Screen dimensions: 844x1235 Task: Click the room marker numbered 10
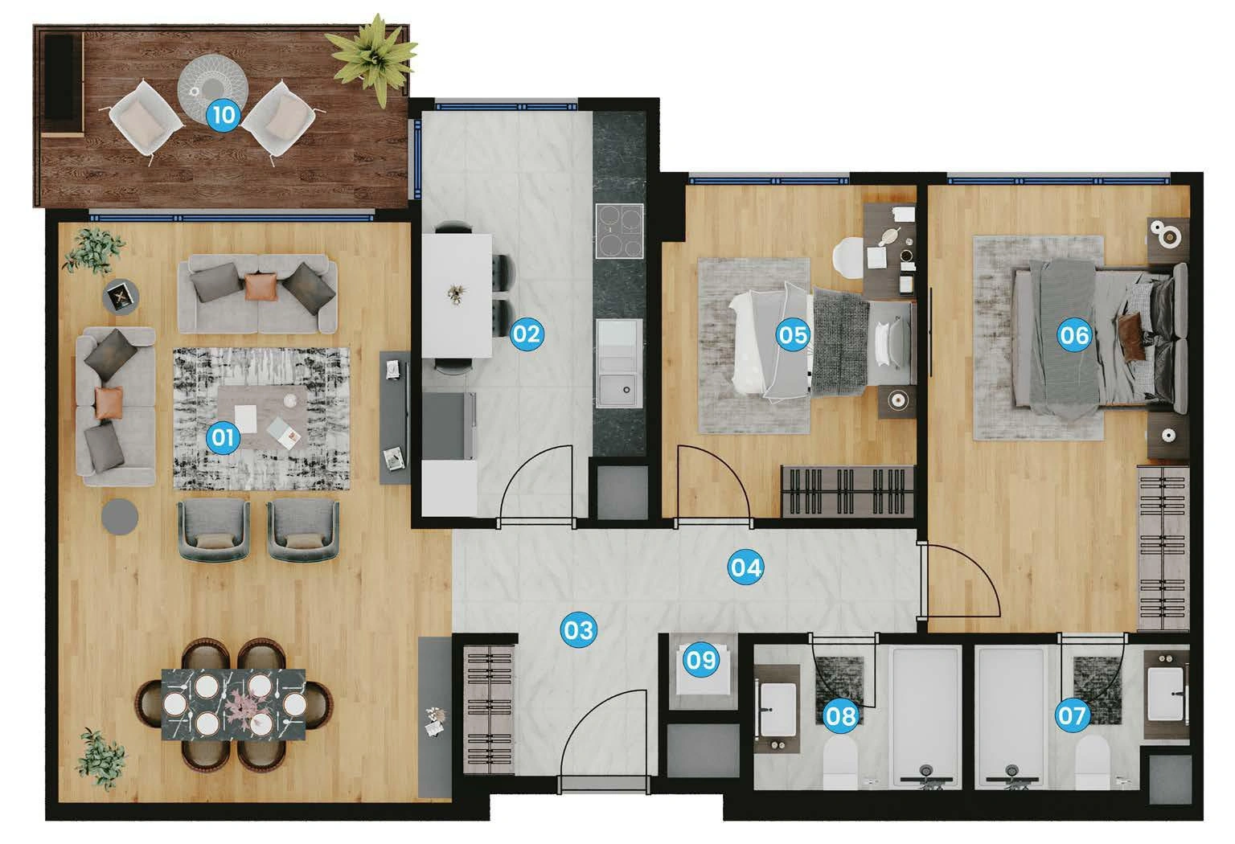click(224, 115)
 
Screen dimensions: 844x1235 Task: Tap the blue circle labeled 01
click(223, 437)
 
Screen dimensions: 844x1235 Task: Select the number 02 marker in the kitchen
click(526, 333)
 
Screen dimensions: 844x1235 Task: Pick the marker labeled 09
click(701, 660)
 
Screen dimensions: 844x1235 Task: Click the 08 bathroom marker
click(841, 715)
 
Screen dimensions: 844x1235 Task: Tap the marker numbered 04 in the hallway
click(745, 567)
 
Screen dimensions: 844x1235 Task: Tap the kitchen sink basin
click(619, 390)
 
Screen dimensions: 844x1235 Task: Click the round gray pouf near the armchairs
click(121, 516)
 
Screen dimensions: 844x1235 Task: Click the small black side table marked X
click(121, 296)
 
